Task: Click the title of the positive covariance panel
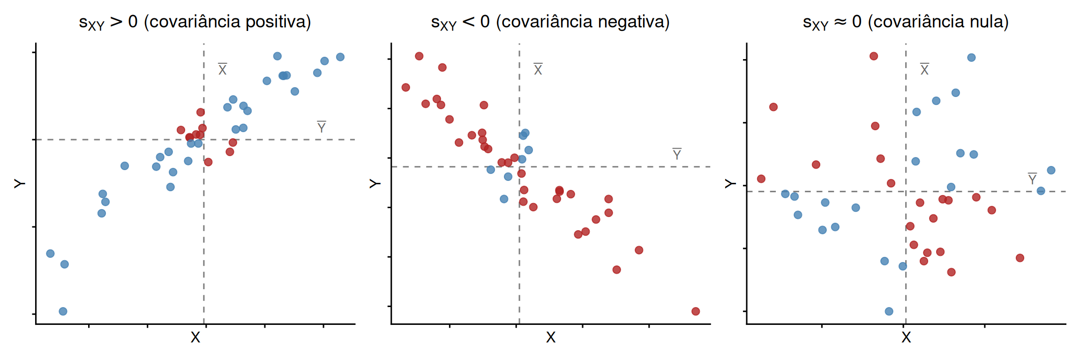[195, 22]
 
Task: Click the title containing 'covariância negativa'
[550, 22]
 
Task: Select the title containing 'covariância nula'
[906, 22]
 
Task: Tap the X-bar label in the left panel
[223, 69]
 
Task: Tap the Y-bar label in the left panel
[321, 127]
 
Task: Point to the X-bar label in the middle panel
[538, 69]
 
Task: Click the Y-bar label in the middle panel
[676, 154]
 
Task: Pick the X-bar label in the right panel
[924, 69]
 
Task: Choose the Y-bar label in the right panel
[1032, 179]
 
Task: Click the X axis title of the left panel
[195, 337]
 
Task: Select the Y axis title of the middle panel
[375, 183]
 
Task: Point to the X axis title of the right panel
[906, 337]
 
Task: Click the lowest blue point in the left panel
[63, 311]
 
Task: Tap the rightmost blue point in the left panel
[340, 57]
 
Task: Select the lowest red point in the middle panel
[696, 311]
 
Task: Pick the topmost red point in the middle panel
[419, 56]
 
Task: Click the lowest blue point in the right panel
[889, 311]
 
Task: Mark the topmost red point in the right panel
[874, 56]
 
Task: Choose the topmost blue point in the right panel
[971, 58]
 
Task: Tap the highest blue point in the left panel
[277, 56]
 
